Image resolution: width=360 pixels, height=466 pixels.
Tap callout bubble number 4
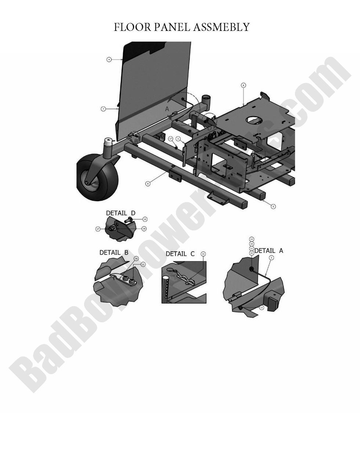pyautogui.click(x=109, y=59)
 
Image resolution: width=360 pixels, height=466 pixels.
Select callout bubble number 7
pyautogui.click(x=104, y=109)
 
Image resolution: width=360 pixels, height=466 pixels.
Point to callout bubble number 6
pyautogui.click(x=243, y=85)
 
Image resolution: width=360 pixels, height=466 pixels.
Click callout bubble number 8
pyautogui.click(x=148, y=183)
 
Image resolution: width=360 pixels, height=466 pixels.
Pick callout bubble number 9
pyautogui.click(x=273, y=207)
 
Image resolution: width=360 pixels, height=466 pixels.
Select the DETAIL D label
pyautogui.click(x=120, y=213)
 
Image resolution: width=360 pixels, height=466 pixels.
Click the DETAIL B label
pyautogui.click(x=114, y=252)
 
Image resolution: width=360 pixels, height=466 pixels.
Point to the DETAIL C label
pyautogui.click(x=180, y=254)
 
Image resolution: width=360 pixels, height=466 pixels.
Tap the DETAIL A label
pyautogui.click(x=269, y=250)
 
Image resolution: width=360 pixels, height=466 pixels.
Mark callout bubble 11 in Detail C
pyautogui.click(x=203, y=254)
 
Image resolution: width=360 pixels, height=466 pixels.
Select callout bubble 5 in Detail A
pyautogui.click(x=271, y=258)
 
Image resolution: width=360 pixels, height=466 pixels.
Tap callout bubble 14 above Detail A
pyautogui.click(x=252, y=239)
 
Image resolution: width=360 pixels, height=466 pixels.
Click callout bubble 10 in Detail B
pyautogui.click(x=136, y=258)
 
